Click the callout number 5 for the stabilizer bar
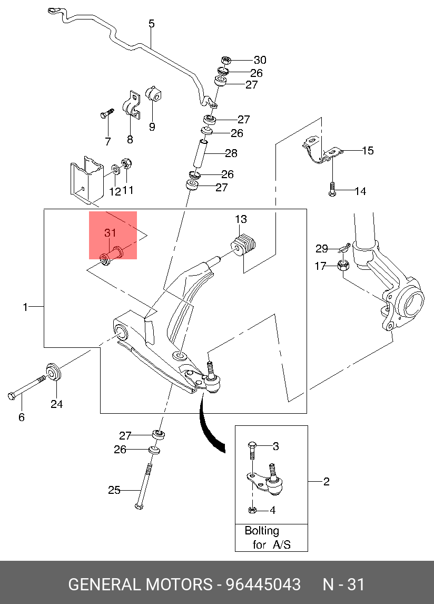(x=152, y=24)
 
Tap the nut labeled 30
(x=226, y=60)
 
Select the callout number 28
(x=231, y=153)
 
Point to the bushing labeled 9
(x=154, y=94)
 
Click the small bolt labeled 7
(x=107, y=114)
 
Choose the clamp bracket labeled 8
(x=131, y=104)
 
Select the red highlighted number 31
(x=110, y=232)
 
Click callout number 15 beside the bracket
(x=368, y=151)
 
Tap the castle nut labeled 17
(x=343, y=266)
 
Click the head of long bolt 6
(x=12, y=396)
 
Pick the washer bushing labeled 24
(x=54, y=372)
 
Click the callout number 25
(x=114, y=490)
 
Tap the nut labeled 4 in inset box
(x=252, y=510)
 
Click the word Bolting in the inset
(x=262, y=531)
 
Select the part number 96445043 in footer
(x=263, y=584)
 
